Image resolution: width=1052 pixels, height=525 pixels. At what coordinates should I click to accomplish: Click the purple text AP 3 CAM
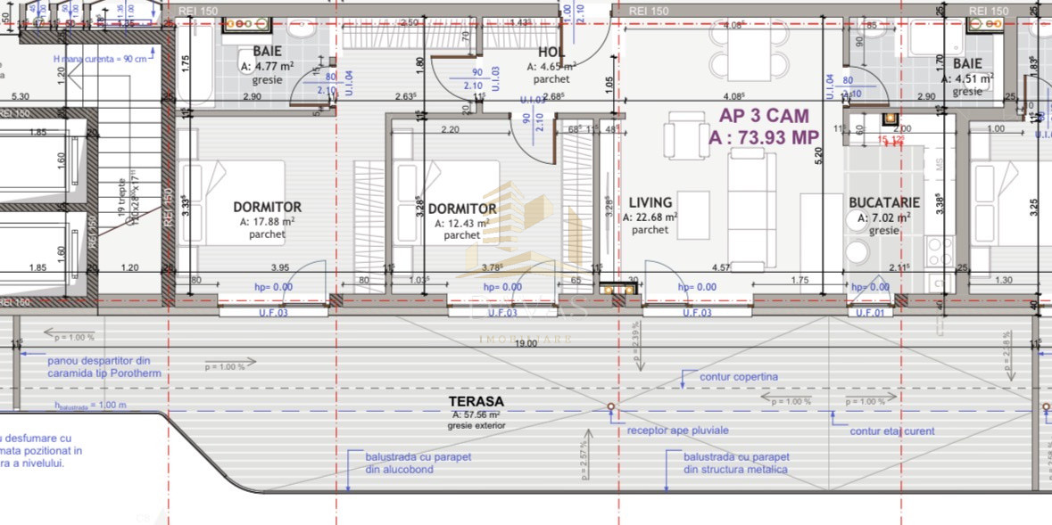click(764, 115)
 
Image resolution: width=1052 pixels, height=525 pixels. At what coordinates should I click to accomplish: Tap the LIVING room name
click(650, 203)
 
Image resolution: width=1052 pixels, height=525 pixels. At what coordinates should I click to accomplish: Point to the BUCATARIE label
click(884, 203)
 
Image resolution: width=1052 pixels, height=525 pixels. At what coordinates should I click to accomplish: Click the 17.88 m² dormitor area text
click(267, 222)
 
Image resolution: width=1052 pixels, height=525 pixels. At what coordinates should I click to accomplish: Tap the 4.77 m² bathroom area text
click(267, 66)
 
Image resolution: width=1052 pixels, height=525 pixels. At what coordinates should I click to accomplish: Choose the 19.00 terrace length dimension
click(525, 342)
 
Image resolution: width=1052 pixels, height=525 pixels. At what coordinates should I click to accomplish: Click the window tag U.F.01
click(871, 313)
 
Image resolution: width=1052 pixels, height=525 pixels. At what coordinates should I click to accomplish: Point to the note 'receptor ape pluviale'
click(678, 431)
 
